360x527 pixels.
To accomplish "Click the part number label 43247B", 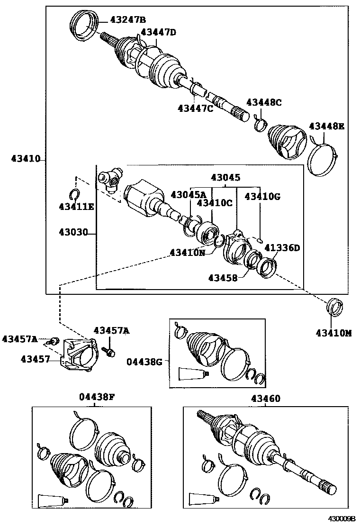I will click(128, 19).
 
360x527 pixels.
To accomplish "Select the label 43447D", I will click(158, 32).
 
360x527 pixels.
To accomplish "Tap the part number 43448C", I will click(264, 102).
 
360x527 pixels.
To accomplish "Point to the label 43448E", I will click(327, 126).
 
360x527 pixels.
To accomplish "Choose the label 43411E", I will click(76, 206).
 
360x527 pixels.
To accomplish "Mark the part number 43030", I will click(73, 233).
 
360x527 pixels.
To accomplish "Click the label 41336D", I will click(282, 247).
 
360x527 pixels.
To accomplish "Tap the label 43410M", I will click(334, 333).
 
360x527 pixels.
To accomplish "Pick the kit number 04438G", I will click(144, 362).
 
